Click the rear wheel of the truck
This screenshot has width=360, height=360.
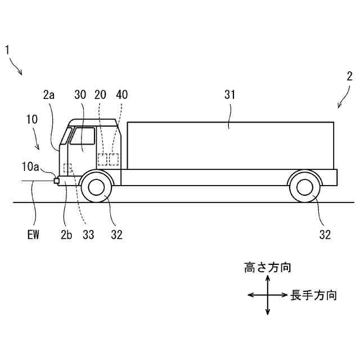(304, 188)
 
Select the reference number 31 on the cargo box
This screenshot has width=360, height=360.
(230, 95)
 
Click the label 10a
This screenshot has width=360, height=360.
(30, 166)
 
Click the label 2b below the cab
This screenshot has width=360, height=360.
(66, 234)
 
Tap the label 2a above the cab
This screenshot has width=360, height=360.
(48, 95)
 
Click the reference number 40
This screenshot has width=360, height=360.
(121, 95)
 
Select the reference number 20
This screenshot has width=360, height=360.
(101, 95)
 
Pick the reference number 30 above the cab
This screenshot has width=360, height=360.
(80, 95)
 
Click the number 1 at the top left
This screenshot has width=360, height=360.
(8, 50)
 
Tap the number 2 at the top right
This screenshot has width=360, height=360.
(349, 76)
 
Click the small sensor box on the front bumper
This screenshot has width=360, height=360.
(56, 181)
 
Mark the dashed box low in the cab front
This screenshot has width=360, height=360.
(69, 168)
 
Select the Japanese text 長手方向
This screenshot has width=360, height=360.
(313, 295)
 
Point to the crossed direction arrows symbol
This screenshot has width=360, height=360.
(268, 295)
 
